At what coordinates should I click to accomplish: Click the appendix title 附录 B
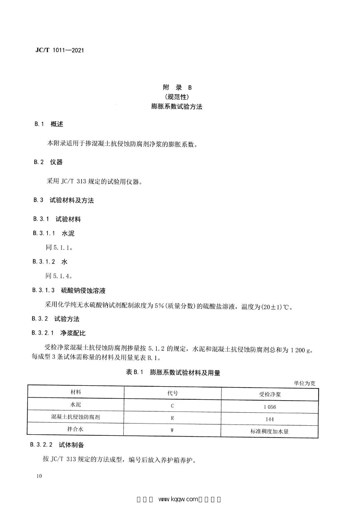click(x=180, y=88)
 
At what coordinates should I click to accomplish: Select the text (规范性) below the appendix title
click(x=180, y=98)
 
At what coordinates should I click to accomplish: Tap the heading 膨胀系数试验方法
click(x=180, y=107)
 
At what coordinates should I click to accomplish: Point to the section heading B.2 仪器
click(x=50, y=162)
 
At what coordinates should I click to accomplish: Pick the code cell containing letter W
click(x=172, y=430)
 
